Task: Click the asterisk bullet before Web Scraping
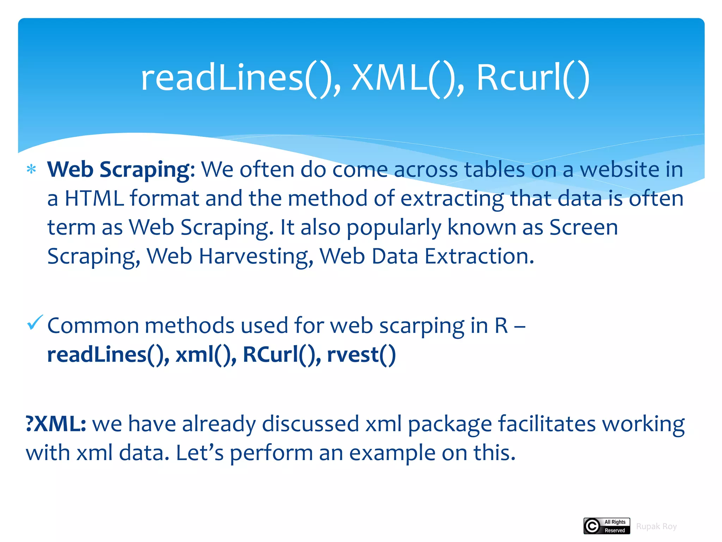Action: (31, 170)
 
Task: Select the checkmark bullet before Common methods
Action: (35, 323)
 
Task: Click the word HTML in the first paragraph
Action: (94, 198)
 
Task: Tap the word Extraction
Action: (479, 256)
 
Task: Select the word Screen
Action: (583, 227)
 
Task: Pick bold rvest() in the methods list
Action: (361, 355)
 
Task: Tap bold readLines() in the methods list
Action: (108, 355)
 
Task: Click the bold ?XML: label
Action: (56, 424)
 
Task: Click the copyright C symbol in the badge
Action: (592, 526)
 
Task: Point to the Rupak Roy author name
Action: (656, 526)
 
